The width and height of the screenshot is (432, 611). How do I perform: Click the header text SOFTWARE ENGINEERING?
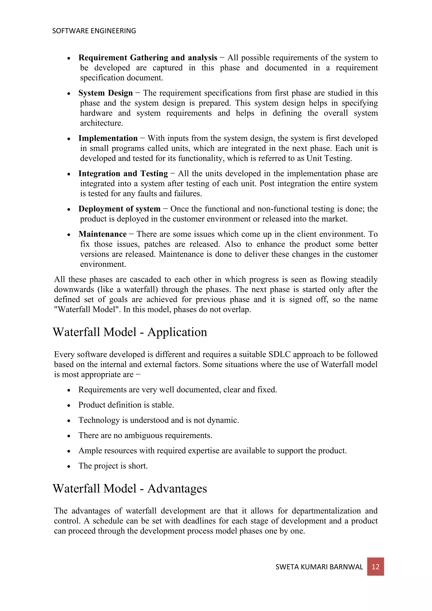(94, 31)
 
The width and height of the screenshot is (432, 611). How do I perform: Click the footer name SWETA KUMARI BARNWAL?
(319, 567)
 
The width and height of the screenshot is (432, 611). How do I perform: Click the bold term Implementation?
(108, 138)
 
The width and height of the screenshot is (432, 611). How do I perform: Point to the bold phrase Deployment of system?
(119, 209)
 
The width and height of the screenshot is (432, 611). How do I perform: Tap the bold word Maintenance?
(103, 234)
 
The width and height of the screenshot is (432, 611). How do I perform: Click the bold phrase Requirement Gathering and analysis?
(148, 58)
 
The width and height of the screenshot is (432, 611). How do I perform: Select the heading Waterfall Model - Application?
(130, 332)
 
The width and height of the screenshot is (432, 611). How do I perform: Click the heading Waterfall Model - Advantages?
(130, 488)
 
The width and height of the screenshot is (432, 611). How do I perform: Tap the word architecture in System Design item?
(101, 123)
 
